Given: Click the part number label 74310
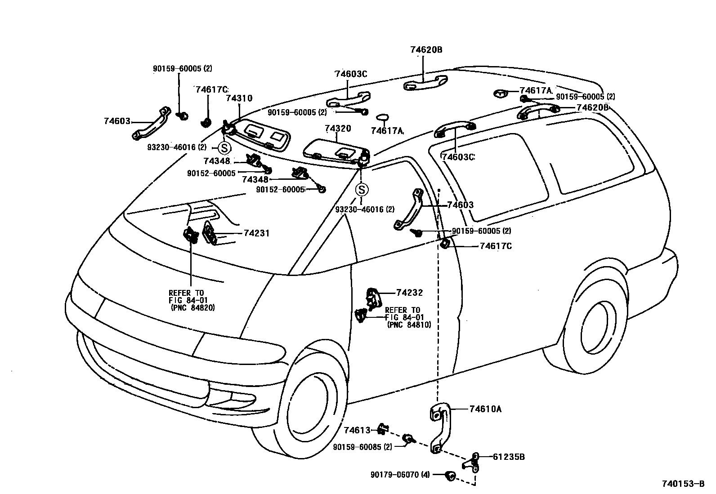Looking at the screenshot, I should (x=239, y=98).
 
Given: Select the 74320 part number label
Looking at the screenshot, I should (x=338, y=129).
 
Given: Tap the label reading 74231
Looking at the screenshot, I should (x=256, y=233).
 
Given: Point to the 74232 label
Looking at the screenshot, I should (x=409, y=293).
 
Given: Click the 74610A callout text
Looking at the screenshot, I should (x=485, y=409).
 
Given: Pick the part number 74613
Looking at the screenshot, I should (x=357, y=431).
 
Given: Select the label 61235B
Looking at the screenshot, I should (x=509, y=457).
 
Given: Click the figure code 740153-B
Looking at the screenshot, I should (x=683, y=484).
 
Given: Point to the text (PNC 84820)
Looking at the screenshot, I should (x=192, y=308).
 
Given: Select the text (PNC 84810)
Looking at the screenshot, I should (x=409, y=325).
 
